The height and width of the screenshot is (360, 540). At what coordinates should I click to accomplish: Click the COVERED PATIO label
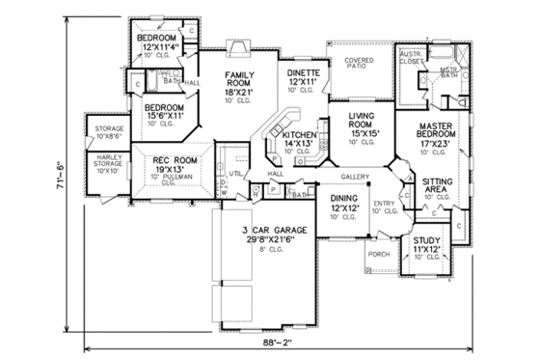pyautogui.click(x=359, y=64)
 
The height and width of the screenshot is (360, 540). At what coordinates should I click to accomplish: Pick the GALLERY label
pyautogui.click(x=355, y=177)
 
